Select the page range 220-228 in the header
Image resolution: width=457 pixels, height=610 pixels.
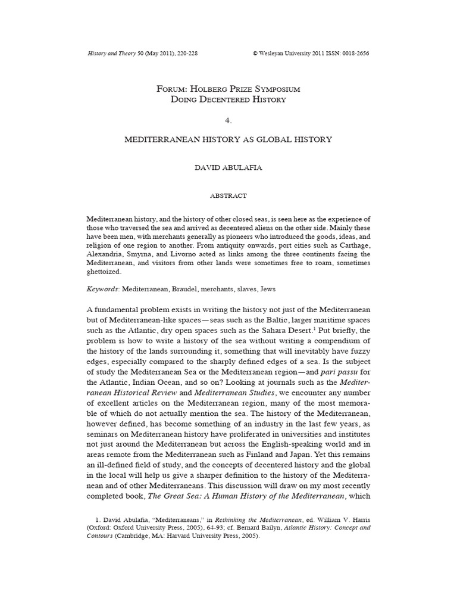click(185, 53)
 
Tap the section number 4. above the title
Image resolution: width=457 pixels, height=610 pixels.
click(228, 120)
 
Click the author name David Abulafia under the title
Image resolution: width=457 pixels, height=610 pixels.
click(228, 168)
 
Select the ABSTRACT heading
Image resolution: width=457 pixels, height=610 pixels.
click(228, 195)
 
